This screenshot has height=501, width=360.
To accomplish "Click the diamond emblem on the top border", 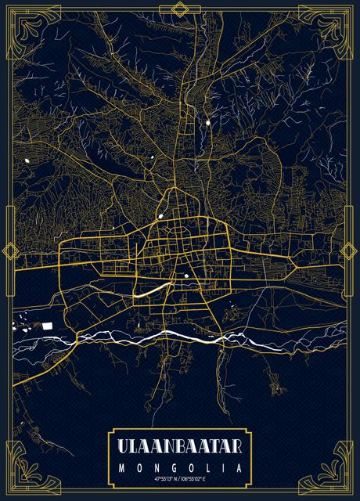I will click(180, 9).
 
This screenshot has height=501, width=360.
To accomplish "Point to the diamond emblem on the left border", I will click(10, 251).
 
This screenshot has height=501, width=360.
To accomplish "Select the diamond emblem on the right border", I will click(350, 251).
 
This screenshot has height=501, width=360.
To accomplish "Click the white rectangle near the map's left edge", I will click(47, 323).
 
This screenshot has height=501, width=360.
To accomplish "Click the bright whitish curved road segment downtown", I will click(149, 291).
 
